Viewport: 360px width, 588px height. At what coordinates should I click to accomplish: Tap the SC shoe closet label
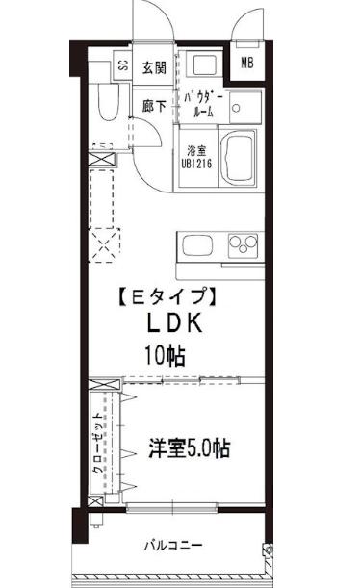[x=122, y=66]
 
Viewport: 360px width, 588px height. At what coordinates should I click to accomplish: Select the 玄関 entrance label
[x=154, y=66]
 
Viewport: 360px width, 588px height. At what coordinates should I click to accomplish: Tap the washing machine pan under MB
[x=205, y=70]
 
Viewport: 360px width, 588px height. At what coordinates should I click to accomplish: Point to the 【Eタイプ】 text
[x=159, y=297]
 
